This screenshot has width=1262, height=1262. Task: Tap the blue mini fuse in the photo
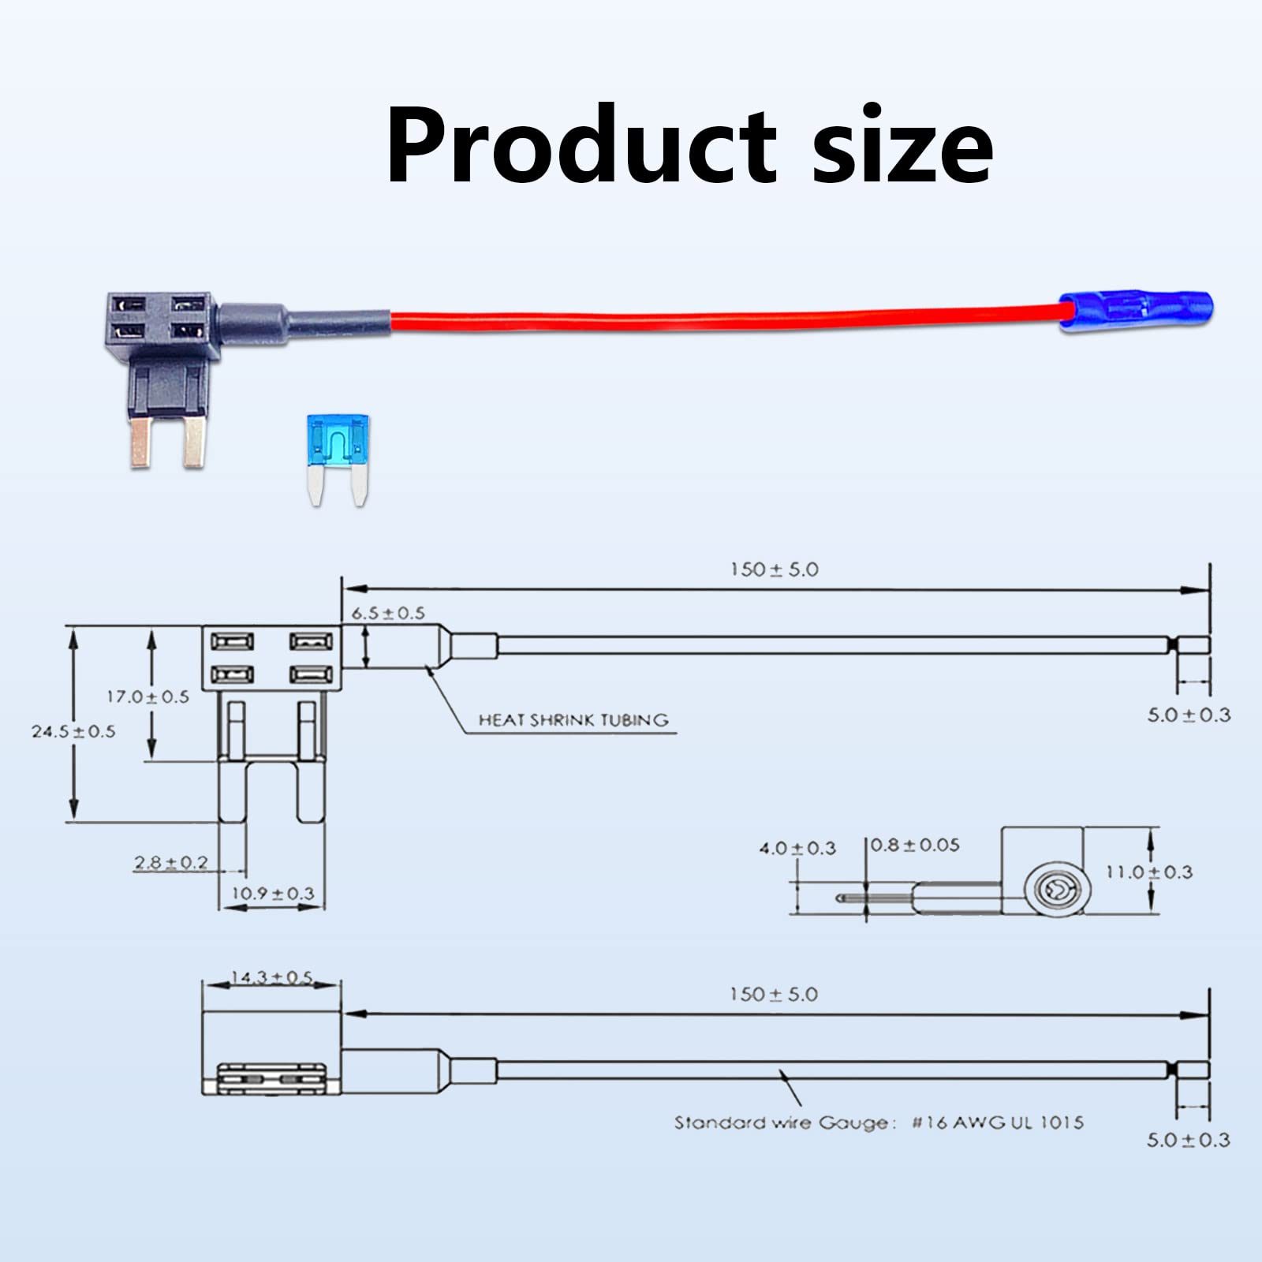click(x=338, y=461)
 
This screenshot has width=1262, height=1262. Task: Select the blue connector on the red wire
click(x=1136, y=311)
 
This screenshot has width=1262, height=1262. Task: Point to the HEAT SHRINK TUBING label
click(x=573, y=719)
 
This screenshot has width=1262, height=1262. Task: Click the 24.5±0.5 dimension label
click(x=73, y=731)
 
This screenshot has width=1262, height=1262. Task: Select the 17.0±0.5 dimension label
click(x=148, y=696)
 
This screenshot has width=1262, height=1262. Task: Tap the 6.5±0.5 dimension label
click(x=388, y=613)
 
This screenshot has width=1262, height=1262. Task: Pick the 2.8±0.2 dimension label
click(x=171, y=862)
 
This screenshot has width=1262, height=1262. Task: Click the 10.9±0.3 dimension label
click(x=273, y=894)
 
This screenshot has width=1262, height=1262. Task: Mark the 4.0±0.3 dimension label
click(x=797, y=848)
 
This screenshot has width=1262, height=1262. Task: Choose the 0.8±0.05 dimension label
click(x=916, y=845)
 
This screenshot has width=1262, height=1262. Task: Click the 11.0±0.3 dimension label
click(x=1148, y=872)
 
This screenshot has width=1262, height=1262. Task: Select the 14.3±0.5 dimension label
click(x=271, y=978)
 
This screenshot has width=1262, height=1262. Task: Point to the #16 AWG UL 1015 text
click(x=998, y=1122)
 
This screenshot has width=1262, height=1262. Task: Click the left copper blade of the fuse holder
click(x=142, y=442)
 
